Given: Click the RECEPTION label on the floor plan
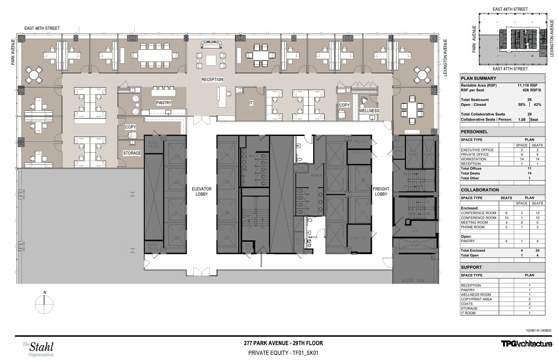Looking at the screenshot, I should point(212,80).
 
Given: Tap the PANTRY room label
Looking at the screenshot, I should point(164,103).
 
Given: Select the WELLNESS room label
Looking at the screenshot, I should point(369,111).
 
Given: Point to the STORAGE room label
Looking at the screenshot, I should point(132,153).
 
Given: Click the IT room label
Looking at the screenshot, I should point(251,102).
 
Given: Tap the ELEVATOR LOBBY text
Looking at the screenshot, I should point(202,191).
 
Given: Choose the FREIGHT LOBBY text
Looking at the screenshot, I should point(381,191).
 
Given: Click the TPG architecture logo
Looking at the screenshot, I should point(526,344).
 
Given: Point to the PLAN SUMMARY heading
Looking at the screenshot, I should point(478,78).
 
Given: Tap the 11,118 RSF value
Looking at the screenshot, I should point(527,86).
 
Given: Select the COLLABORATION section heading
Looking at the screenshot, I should point(480,190).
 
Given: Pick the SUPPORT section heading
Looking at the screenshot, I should point(471,267).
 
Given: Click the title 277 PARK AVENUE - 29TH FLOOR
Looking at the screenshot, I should point(283,343).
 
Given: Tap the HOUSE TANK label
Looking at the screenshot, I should point(411,281).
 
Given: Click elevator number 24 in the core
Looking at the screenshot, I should point(227,155).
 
